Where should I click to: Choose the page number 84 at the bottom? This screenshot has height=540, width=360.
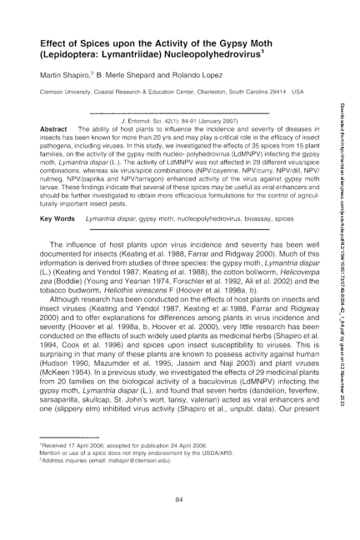coord(179,497)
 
